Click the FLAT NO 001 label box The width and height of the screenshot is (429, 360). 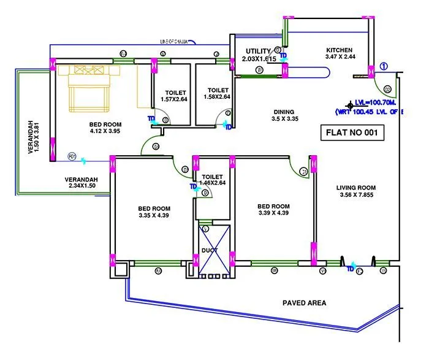pos(352,132)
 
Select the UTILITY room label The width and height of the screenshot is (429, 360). pos(258,51)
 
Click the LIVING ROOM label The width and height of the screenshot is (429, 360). pos(356,188)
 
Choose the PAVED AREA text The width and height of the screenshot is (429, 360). pos(304,303)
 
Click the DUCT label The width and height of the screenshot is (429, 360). pos(209,251)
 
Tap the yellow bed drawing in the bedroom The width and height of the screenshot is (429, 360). pos(89,88)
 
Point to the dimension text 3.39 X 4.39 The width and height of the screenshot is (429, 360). pos(273,213)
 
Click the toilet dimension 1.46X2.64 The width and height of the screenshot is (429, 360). pos(214,182)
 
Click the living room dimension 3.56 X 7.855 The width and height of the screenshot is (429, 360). pos(356,196)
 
